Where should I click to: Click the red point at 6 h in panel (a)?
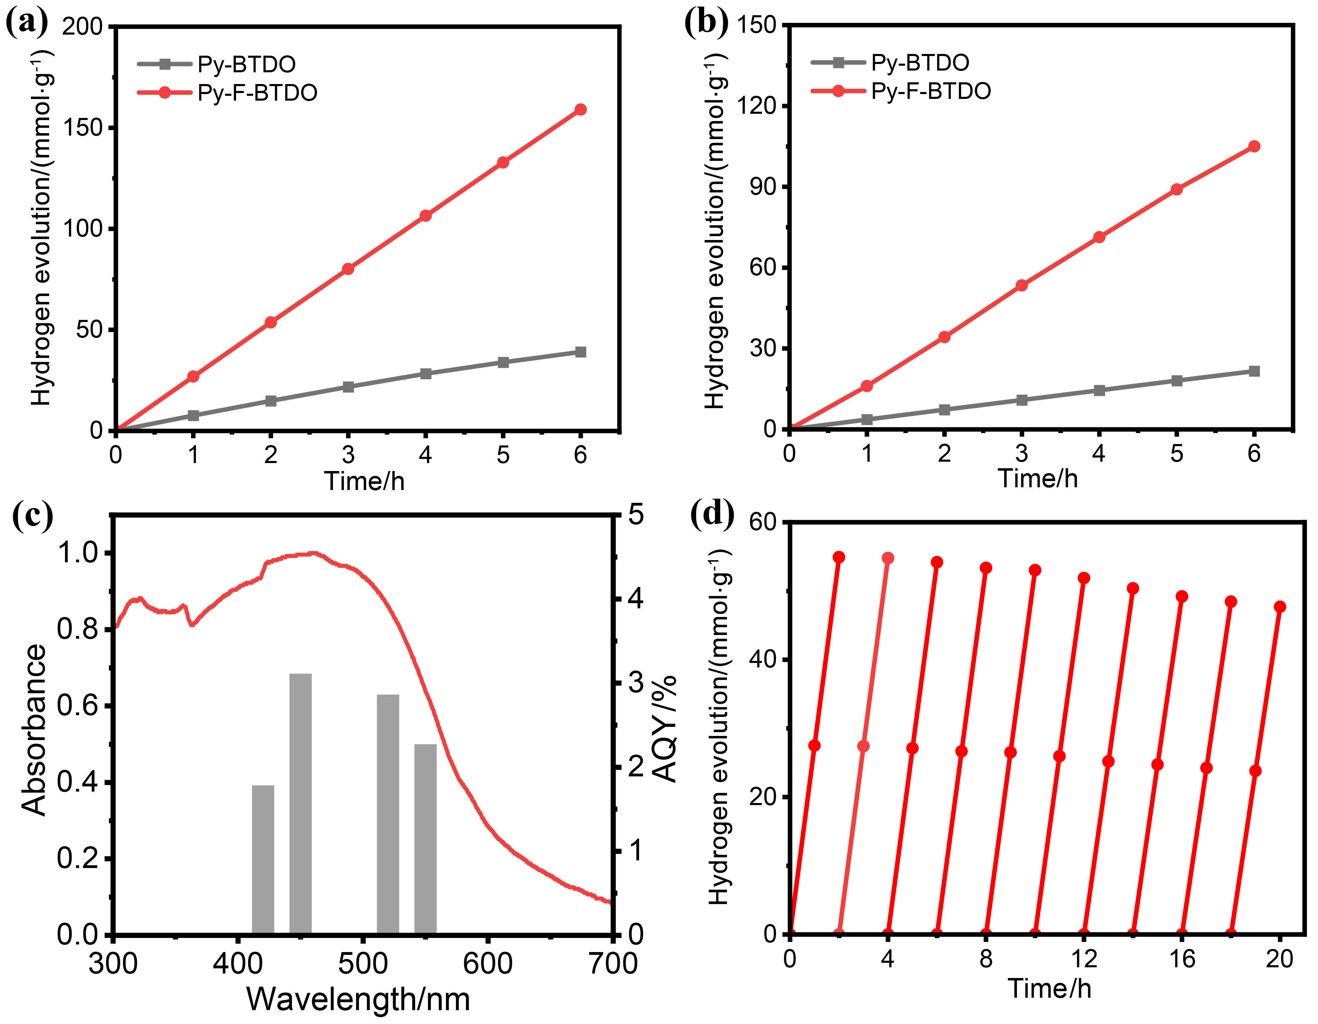coord(581,109)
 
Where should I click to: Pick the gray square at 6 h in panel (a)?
coord(581,352)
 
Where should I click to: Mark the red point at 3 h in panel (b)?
coord(1022,285)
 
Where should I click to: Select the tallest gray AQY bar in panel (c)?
coord(300,803)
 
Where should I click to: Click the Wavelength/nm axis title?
coord(358,999)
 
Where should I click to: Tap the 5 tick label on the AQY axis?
coord(636,515)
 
